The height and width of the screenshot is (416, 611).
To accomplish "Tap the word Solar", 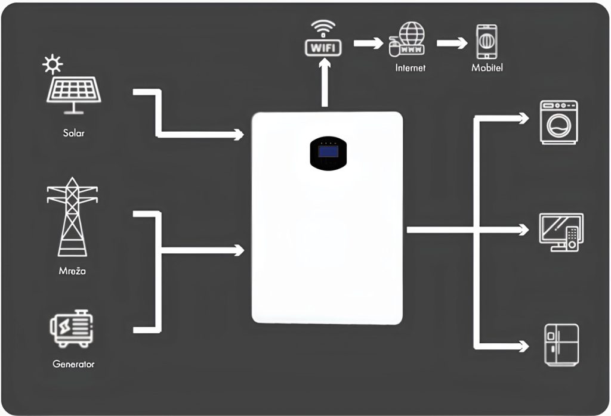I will (x=73, y=132).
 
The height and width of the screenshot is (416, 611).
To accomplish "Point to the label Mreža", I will (x=72, y=271).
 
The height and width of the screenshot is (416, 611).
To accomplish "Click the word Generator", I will (x=73, y=364).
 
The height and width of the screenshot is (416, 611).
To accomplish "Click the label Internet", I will (x=411, y=68).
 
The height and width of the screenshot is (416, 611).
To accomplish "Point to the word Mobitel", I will (x=487, y=68).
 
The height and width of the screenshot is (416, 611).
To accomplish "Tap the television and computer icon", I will (x=561, y=231).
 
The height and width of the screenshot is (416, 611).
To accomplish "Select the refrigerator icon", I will (x=561, y=344).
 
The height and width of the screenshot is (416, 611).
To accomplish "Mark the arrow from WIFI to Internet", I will (x=368, y=43).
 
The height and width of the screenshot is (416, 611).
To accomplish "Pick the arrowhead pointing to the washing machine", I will (x=523, y=119).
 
